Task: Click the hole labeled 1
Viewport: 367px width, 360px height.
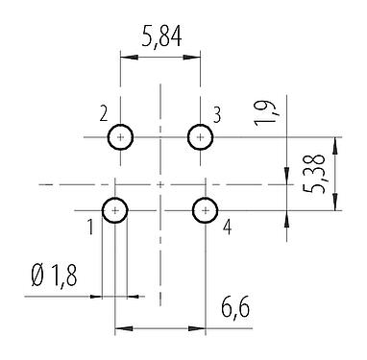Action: (115, 209)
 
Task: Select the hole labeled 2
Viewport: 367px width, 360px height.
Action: (120, 136)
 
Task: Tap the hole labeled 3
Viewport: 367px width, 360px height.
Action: (200, 136)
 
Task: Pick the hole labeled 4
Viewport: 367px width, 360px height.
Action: (205, 209)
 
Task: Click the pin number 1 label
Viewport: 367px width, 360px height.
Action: (89, 228)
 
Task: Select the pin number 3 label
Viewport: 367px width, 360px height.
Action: (217, 116)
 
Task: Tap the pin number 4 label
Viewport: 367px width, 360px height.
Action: (227, 228)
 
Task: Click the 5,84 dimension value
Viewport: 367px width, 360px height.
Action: (159, 39)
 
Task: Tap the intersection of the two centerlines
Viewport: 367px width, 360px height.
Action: (159, 182)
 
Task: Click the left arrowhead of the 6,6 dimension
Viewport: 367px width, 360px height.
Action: (120, 330)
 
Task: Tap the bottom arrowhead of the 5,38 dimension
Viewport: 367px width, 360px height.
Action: (334, 204)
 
